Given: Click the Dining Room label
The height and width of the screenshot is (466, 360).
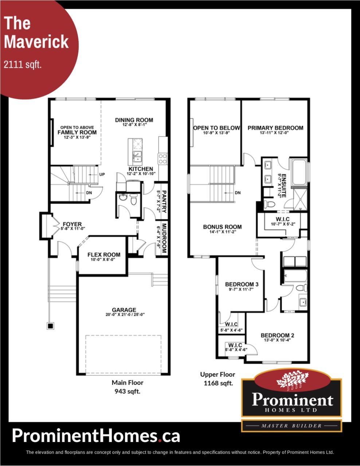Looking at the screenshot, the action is [134, 120].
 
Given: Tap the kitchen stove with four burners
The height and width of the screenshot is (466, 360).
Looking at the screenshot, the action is [163, 159].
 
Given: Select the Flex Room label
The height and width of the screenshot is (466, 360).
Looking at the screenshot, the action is [104, 254].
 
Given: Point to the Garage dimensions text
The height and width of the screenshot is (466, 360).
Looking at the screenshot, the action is [125, 315].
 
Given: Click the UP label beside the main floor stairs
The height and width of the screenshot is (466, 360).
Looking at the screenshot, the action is [102, 174].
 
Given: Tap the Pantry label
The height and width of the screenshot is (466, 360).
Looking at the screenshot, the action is [164, 201].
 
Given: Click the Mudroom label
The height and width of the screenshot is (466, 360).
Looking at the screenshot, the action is [164, 238].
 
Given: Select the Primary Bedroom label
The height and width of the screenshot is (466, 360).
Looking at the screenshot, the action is [275, 128].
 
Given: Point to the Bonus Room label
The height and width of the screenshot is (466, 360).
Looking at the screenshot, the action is [223, 227].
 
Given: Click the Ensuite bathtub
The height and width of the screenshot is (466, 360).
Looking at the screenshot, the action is [299, 172].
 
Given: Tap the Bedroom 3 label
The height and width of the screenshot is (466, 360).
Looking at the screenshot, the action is [242, 284].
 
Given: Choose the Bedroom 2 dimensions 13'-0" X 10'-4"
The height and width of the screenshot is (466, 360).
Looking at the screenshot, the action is [277, 340].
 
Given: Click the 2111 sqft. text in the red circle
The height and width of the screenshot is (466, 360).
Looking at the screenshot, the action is [23, 64].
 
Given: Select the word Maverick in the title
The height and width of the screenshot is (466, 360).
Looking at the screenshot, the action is [36, 42].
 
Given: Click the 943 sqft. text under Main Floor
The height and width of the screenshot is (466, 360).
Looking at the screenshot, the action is [128, 391].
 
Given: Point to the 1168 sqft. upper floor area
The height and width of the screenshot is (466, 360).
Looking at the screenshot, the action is [218, 383].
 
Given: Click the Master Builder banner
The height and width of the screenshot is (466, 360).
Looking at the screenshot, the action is [291, 426].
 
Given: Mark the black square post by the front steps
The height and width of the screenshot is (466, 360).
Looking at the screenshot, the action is [50, 326].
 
